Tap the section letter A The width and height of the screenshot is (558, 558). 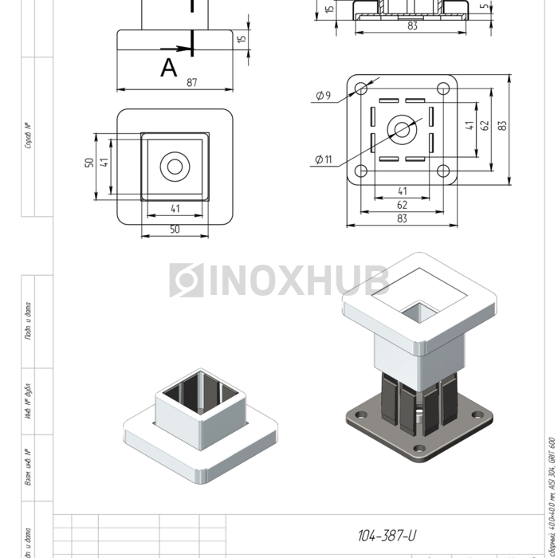[168, 68]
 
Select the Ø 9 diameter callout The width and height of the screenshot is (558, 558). [323, 96]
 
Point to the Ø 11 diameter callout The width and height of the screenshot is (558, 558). [323, 159]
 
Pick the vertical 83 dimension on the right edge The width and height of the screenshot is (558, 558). [501, 126]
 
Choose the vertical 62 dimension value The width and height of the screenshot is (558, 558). [484, 126]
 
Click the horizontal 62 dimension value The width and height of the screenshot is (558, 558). [402, 205]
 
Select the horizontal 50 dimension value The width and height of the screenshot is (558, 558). [175, 230]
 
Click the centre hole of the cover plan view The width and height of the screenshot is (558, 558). [175, 167]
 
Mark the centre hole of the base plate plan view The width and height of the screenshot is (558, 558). [402, 128]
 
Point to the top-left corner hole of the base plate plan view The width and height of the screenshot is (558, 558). [360, 87]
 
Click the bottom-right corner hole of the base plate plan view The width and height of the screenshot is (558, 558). [442, 170]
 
